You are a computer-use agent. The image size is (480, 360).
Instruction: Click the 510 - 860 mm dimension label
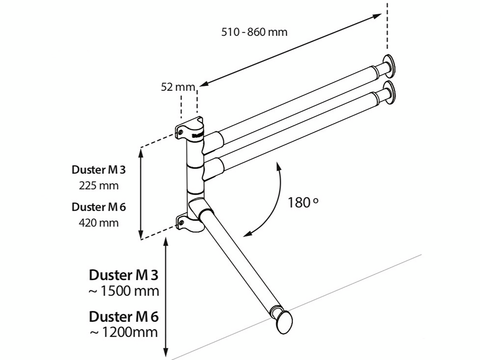click(x=254, y=32)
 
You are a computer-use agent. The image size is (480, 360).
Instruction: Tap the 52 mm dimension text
click(x=178, y=87)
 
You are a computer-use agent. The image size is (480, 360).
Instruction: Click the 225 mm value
click(x=99, y=185)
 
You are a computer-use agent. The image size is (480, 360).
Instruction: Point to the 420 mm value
click(x=99, y=222)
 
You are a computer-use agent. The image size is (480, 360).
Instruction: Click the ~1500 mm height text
click(x=124, y=291)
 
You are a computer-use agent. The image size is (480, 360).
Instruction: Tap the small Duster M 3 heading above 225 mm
click(x=99, y=170)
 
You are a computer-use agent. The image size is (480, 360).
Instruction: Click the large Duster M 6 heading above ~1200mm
click(x=124, y=316)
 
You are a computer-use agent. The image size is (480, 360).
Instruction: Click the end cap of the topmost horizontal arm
click(x=390, y=65)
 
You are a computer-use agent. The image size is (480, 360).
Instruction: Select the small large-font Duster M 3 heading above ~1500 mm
click(x=124, y=275)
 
